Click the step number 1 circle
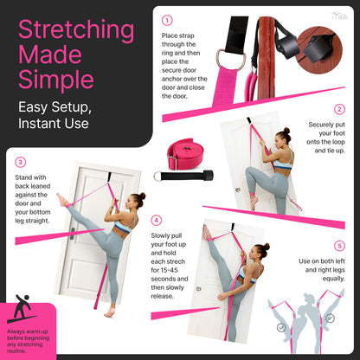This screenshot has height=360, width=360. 167,19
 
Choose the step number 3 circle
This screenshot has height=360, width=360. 20,161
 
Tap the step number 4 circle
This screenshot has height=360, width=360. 156,220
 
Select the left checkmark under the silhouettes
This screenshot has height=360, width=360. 281,328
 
